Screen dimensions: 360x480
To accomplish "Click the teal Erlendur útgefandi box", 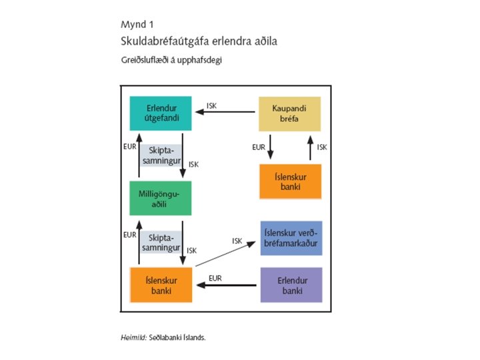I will (x=160, y=113).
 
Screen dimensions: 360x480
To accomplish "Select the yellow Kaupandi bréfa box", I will (x=289, y=113).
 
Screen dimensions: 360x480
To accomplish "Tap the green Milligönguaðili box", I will (x=160, y=198).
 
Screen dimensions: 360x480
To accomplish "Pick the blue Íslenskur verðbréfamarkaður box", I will (x=289, y=239).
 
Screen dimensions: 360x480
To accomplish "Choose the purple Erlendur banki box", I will (x=289, y=285).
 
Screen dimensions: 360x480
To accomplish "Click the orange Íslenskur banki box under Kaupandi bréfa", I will (x=289, y=181).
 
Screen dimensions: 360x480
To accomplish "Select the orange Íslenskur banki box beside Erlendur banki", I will (x=160, y=285).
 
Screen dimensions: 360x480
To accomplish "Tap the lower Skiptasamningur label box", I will (x=161, y=242).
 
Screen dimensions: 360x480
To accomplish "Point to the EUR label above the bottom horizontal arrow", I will (x=215, y=277).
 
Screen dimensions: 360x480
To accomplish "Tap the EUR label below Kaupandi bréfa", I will (x=258, y=147).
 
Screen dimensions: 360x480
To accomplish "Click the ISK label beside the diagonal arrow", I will (x=237, y=241).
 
